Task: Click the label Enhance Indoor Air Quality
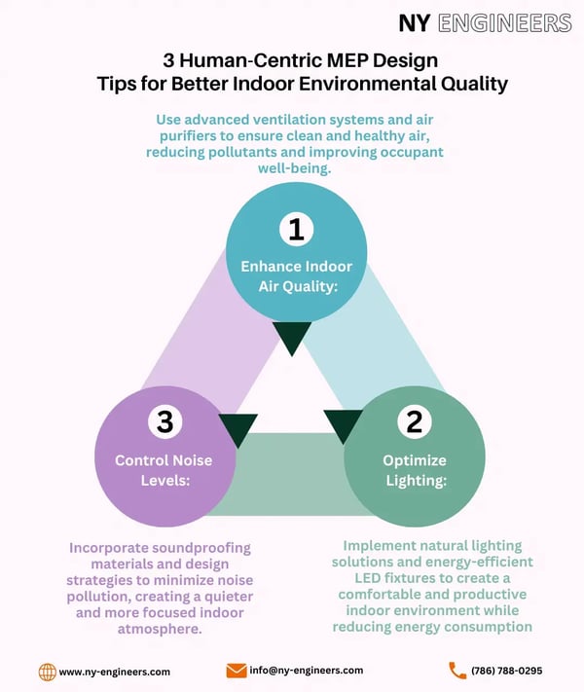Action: coord(296,275)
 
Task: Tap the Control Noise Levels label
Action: coord(164,470)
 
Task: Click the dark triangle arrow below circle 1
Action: coord(292,338)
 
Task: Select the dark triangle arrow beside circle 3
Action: coord(237,428)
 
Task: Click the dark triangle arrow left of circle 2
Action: coord(343,424)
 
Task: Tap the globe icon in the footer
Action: coord(46,672)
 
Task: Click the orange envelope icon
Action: coord(237,671)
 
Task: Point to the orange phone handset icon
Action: coord(457,671)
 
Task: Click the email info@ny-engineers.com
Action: coord(308,671)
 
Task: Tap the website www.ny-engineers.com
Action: coord(115,672)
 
